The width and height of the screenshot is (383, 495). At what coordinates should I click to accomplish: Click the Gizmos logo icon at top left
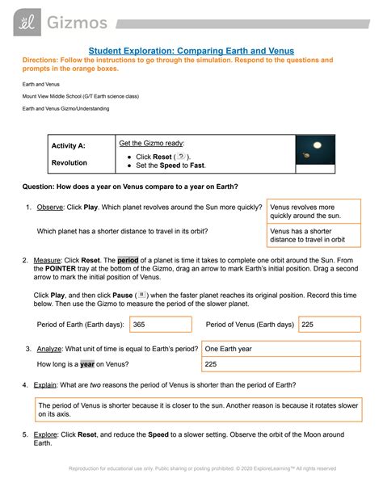click(23, 21)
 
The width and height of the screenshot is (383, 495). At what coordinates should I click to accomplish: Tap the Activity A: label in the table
click(69, 146)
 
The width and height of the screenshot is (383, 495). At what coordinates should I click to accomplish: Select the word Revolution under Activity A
click(69, 162)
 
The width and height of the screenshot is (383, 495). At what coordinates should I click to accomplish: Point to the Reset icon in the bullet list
click(180, 155)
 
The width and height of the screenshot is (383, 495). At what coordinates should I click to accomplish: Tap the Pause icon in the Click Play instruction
click(141, 295)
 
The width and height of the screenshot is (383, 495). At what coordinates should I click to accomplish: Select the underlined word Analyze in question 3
click(52, 349)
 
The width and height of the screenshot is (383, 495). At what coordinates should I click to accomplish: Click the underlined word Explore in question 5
click(52, 434)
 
